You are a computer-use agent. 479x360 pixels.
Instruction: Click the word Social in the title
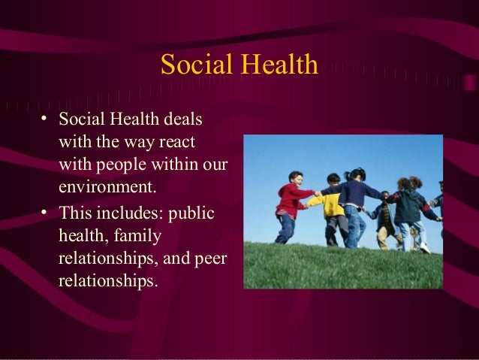click(193, 65)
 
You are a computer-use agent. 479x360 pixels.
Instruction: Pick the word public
click(193, 213)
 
